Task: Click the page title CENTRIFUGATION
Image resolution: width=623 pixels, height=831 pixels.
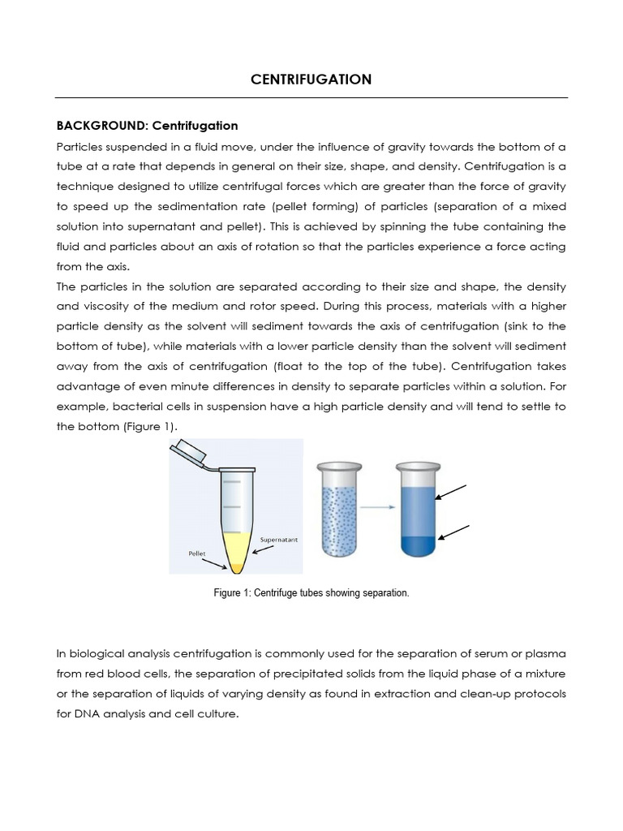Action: click(311, 79)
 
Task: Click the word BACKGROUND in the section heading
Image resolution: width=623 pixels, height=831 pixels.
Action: click(93, 126)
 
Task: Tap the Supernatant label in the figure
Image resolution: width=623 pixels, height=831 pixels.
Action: click(281, 539)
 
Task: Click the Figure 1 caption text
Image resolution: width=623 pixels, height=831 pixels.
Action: click(311, 593)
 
